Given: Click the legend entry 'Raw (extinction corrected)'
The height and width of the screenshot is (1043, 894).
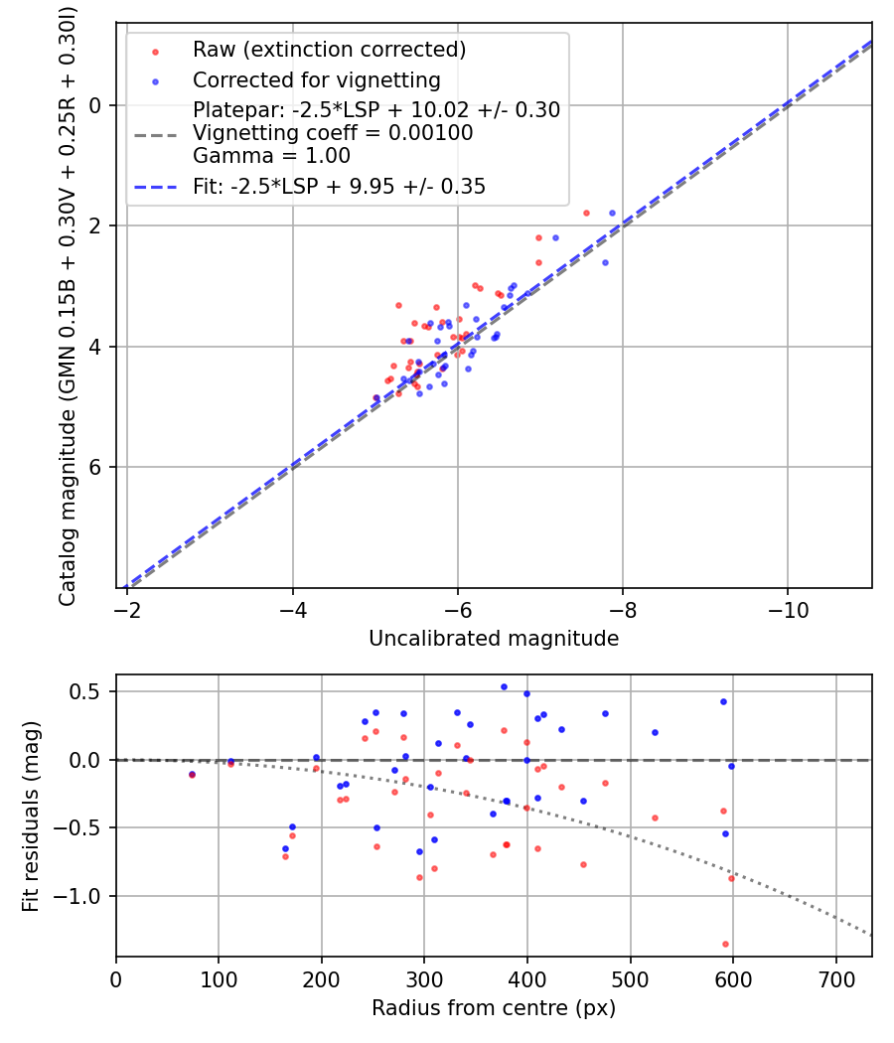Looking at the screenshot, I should click(x=329, y=50).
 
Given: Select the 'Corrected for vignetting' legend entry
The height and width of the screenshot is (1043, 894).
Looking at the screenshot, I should click(x=316, y=79).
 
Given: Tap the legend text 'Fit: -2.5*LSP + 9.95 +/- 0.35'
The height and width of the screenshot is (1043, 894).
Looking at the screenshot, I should click(x=339, y=186).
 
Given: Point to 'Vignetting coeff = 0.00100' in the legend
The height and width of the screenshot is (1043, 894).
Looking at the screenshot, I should click(x=333, y=133).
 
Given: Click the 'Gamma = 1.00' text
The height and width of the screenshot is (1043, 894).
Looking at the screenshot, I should click(x=271, y=156).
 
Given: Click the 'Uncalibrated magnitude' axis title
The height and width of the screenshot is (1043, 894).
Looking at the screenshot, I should click(x=494, y=638).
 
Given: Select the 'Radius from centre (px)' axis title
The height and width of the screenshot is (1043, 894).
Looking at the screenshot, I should click(x=494, y=1008).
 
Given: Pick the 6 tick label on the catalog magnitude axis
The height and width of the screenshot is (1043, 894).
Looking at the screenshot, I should click(x=96, y=467).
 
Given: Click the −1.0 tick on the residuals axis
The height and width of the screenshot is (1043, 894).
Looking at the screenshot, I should click(x=86, y=896).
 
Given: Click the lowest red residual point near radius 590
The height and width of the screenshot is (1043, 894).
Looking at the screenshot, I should click(x=725, y=944).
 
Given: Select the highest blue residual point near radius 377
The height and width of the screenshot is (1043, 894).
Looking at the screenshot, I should click(x=504, y=686).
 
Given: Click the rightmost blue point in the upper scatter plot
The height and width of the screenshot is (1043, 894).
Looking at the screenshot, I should click(x=612, y=213).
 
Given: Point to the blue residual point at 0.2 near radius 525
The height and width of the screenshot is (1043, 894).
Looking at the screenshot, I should click(x=655, y=732).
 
